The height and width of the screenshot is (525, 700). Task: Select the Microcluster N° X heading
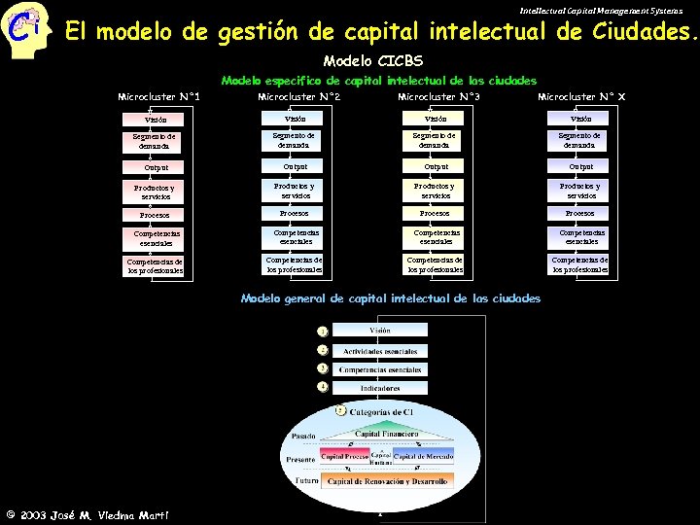(581, 96)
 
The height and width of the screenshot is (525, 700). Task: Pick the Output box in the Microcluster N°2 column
(294, 166)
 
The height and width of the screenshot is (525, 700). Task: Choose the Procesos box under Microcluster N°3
(435, 213)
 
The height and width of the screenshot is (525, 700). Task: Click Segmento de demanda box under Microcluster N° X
(580, 140)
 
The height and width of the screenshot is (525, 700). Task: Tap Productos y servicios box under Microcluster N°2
(294, 190)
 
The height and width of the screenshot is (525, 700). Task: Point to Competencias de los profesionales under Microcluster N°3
(435, 264)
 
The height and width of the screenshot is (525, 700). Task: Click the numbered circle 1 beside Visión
(322, 332)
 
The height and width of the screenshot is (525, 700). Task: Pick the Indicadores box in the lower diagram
(380, 388)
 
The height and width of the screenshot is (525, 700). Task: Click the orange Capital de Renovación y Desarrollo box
(387, 480)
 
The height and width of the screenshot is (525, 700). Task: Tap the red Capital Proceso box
(345, 456)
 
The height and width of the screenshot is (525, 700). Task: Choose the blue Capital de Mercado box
(424, 456)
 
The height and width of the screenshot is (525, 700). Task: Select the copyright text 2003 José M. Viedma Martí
(87, 513)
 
